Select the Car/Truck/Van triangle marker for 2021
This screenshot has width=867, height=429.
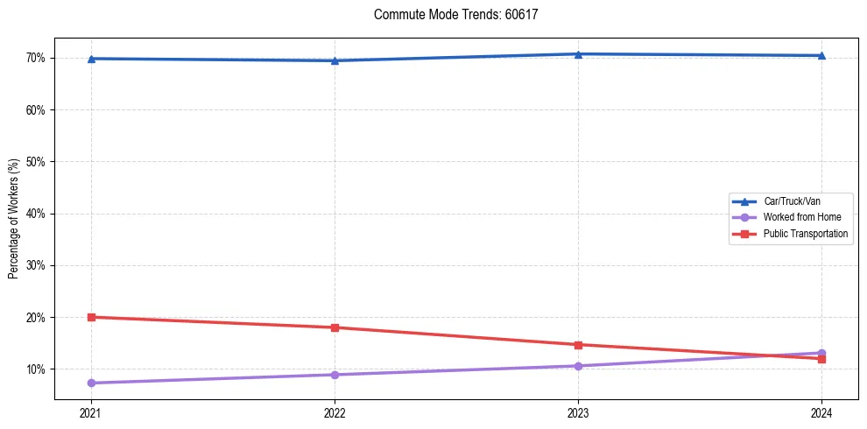click(x=91, y=59)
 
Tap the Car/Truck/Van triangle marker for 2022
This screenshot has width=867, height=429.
click(x=335, y=60)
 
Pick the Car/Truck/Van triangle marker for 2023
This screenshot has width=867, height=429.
click(x=578, y=54)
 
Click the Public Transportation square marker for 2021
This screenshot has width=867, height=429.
click(x=91, y=317)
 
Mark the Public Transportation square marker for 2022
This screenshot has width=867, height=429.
click(x=335, y=327)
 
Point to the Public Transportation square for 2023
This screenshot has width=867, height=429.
click(x=578, y=345)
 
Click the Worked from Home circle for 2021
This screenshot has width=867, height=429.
click(x=91, y=383)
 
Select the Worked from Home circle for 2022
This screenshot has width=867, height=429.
click(x=335, y=375)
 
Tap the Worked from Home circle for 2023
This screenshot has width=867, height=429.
click(x=578, y=366)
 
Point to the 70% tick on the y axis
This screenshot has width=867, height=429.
click(x=37, y=58)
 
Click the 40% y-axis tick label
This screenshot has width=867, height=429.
click(x=37, y=214)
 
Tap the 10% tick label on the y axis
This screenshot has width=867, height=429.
click(x=37, y=369)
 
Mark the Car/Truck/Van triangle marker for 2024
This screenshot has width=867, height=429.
click(x=821, y=55)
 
